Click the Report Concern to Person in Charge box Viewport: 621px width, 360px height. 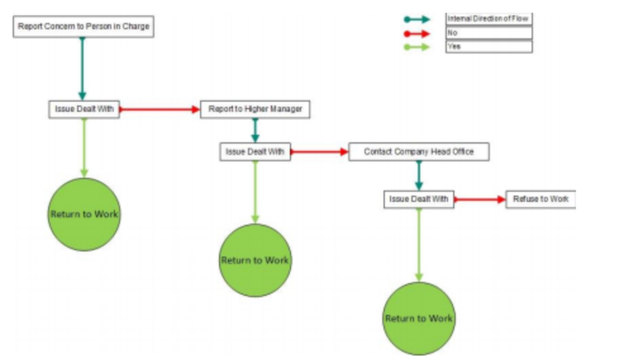[x=83, y=27]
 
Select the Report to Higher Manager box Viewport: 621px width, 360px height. [x=255, y=109]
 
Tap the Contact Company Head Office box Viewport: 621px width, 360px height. [x=419, y=151]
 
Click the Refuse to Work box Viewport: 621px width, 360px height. [x=540, y=199]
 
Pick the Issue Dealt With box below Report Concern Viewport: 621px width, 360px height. [x=83, y=109]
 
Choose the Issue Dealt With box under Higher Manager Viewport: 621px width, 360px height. [x=255, y=151]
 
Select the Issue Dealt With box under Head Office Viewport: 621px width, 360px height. [x=418, y=199]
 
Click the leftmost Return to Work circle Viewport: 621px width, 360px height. [x=84, y=214]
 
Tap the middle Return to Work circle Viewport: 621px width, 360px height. [x=255, y=260]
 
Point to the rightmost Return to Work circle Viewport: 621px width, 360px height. [x=418, y=318]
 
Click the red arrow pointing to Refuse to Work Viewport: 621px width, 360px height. [x=479, y=199]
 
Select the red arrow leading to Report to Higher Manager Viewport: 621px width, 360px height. [x=160, y=109]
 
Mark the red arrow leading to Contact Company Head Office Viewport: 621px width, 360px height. [x=319, y=151]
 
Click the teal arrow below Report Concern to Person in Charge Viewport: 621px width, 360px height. [x=82, y=69]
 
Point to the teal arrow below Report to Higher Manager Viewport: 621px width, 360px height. [x=255, y=130]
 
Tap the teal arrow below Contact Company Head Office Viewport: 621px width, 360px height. [x=419, y=176]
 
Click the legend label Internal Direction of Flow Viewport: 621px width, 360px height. [x=488, y=18]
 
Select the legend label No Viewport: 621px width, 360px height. [x=488, y=33]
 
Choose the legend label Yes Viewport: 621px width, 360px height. [x=488, y=47]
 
